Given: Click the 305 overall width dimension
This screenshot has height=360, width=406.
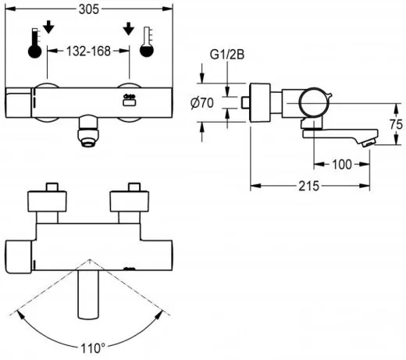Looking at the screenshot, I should click(x=89, y=9).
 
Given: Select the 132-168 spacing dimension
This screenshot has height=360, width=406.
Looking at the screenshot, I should click(x=88, y=50).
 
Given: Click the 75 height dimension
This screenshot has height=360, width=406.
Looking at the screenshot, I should click(x=395, y=123).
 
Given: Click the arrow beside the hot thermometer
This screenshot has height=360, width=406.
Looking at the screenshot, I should click(x=49, y=28).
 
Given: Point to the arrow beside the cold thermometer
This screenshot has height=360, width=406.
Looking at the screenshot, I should click(x=129, y=28).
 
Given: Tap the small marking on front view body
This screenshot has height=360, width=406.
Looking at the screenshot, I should click(x=130, y=98).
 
